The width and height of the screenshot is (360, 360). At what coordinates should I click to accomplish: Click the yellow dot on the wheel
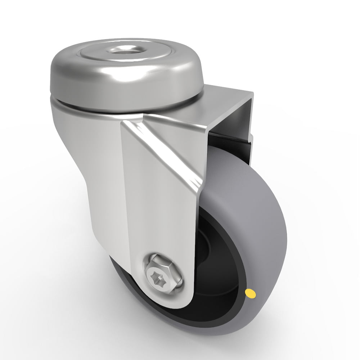251,293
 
